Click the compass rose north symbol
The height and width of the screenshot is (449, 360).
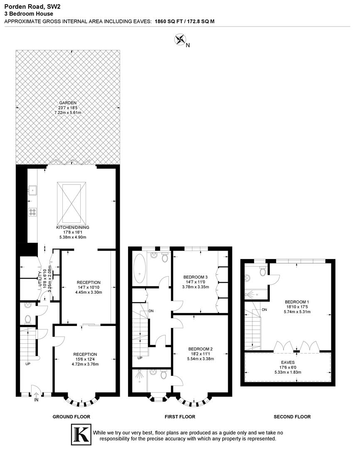[180, 40]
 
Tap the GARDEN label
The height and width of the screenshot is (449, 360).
[68, 103]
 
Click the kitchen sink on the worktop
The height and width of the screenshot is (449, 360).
[32, 190]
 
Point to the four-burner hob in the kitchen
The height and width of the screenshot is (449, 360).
[32, 212]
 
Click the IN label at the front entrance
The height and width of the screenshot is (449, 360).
[37, 400]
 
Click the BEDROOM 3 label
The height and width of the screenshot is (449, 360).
[195, 277]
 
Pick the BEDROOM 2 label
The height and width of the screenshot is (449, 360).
[200, 349]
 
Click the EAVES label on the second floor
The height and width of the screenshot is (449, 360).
[288, 362]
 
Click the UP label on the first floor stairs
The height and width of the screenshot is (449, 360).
[140, 358]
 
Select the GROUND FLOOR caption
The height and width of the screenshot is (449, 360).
[71, 417]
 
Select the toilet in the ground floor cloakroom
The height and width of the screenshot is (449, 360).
[28, 319]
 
